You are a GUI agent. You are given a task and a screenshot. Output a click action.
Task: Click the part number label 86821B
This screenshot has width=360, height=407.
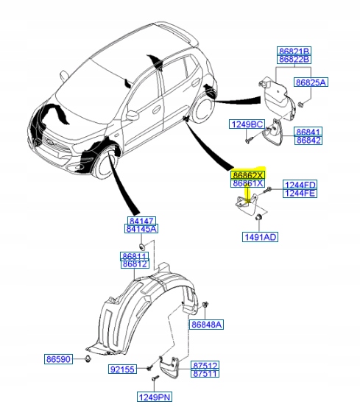click(294, 50)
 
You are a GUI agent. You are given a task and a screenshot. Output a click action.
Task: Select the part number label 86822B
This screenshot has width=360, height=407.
click(294, 59)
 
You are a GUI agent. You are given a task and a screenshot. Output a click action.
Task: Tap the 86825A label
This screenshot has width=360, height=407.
click(311, 82)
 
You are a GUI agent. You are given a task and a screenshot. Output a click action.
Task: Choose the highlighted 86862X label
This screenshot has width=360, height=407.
click(247, 175)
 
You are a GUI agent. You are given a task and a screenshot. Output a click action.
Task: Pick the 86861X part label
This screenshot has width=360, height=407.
click(247, 184)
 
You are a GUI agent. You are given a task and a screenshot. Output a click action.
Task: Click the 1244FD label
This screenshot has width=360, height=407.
click(300, 185)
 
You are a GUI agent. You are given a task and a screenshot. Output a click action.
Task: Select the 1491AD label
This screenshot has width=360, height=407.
click(260, 237)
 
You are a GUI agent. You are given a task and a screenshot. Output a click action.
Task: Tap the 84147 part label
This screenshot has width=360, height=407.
click(142, 220)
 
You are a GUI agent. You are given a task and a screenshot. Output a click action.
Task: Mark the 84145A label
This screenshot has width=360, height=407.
click(142, 229)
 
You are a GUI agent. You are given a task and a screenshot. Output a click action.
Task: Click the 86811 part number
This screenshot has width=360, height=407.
click(135, 255)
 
